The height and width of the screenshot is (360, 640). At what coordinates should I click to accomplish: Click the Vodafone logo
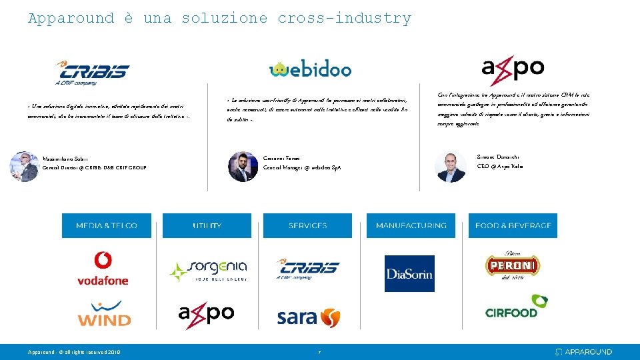pyautogui.click(x=103, y=269)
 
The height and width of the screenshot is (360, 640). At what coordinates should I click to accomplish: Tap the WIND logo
pyautogui.click(x=104, y=314)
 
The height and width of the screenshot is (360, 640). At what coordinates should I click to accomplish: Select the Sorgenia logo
pyautogui.click(x=207, y=271)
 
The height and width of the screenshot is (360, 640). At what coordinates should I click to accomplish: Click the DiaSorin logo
pyautogui.click(x=409, y=273)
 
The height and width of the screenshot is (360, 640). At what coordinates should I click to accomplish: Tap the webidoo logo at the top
pyautogui.click(x=310, y=69)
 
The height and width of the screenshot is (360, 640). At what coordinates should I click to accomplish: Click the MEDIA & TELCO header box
pyautogui.click(x=107, y=226)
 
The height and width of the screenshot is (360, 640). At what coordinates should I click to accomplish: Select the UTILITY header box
pyautogui.click(x=207, y=226)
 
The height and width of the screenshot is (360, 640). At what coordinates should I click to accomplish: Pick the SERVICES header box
pyautogui.click(x=308, y=226)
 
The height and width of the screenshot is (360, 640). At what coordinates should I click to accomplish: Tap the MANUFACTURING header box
pyautogui.click(x=411, y=226)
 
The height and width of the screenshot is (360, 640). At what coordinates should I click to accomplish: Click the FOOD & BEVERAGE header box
pyautogui.click(x=513, y=226)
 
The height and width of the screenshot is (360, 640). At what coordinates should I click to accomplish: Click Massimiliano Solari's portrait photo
pyautogui.click(x=24, y=166)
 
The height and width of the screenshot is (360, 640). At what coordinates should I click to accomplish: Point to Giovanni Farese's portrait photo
pyautogui.click(x=243, y=166)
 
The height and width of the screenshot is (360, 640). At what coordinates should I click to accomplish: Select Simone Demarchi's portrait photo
pyautogui.click(x=451, y=165)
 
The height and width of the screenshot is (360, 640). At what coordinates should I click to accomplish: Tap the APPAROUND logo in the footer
pyautogui.click(x=584, y=351)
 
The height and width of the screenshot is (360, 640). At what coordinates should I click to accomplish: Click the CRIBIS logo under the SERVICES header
pyautogui.click(x=307, y=269)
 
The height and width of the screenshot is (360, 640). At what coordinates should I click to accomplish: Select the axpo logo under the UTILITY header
pyautogui.click(x=206, y=315)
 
